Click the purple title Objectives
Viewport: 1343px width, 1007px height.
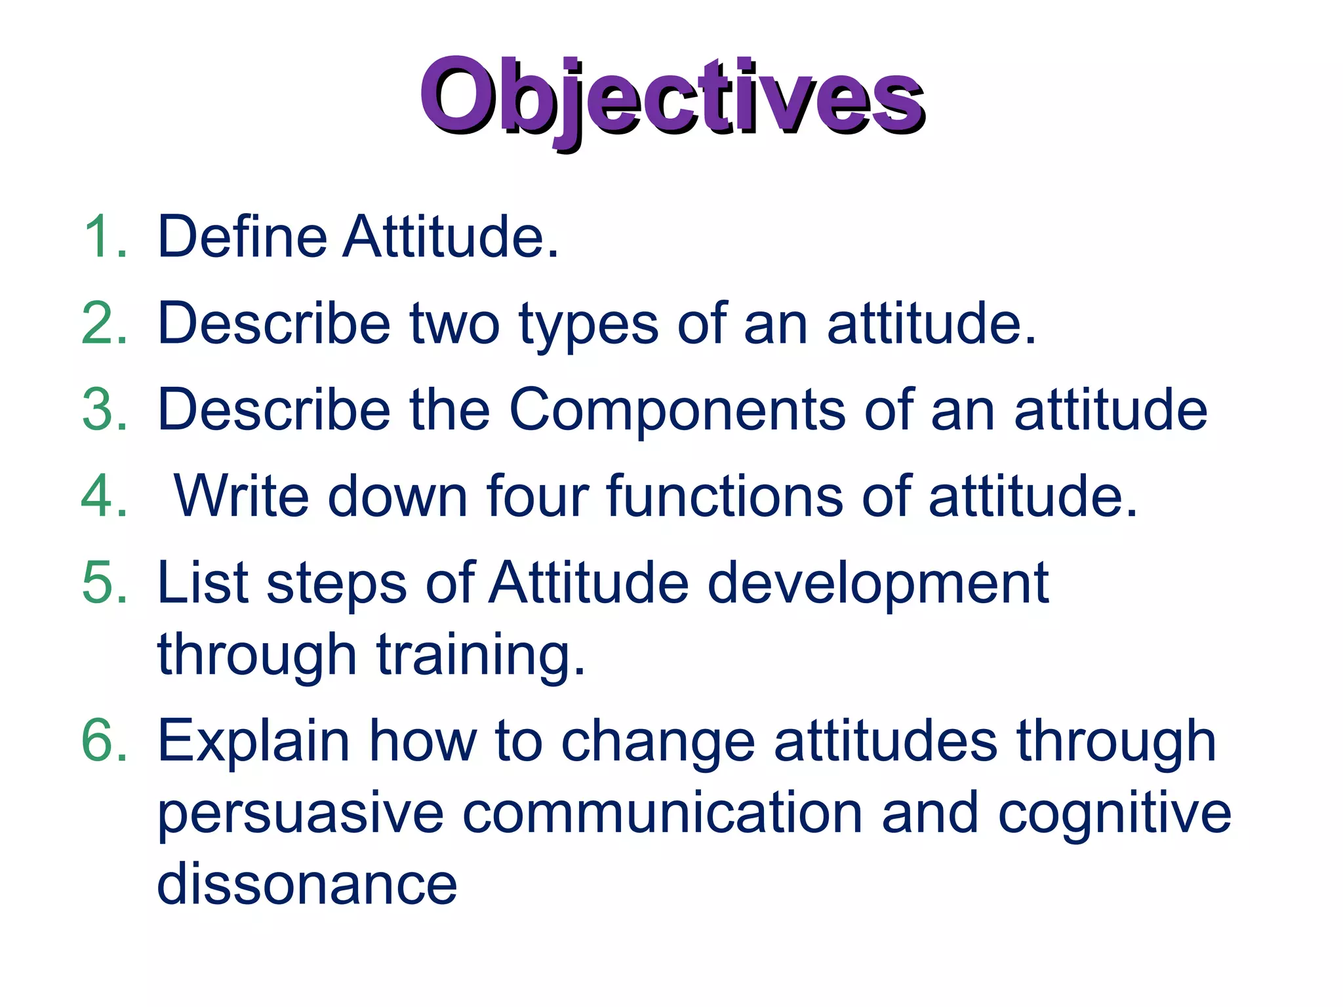coord(671,98)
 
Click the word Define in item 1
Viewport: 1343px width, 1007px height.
coord(242,237)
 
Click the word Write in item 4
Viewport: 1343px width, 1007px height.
coord(241,496)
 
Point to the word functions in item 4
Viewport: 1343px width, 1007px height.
coord(725,496)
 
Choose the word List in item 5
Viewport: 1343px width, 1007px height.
coord(203,583)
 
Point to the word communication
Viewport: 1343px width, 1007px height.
coord(662,813)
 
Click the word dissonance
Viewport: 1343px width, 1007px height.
coord(307,885)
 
